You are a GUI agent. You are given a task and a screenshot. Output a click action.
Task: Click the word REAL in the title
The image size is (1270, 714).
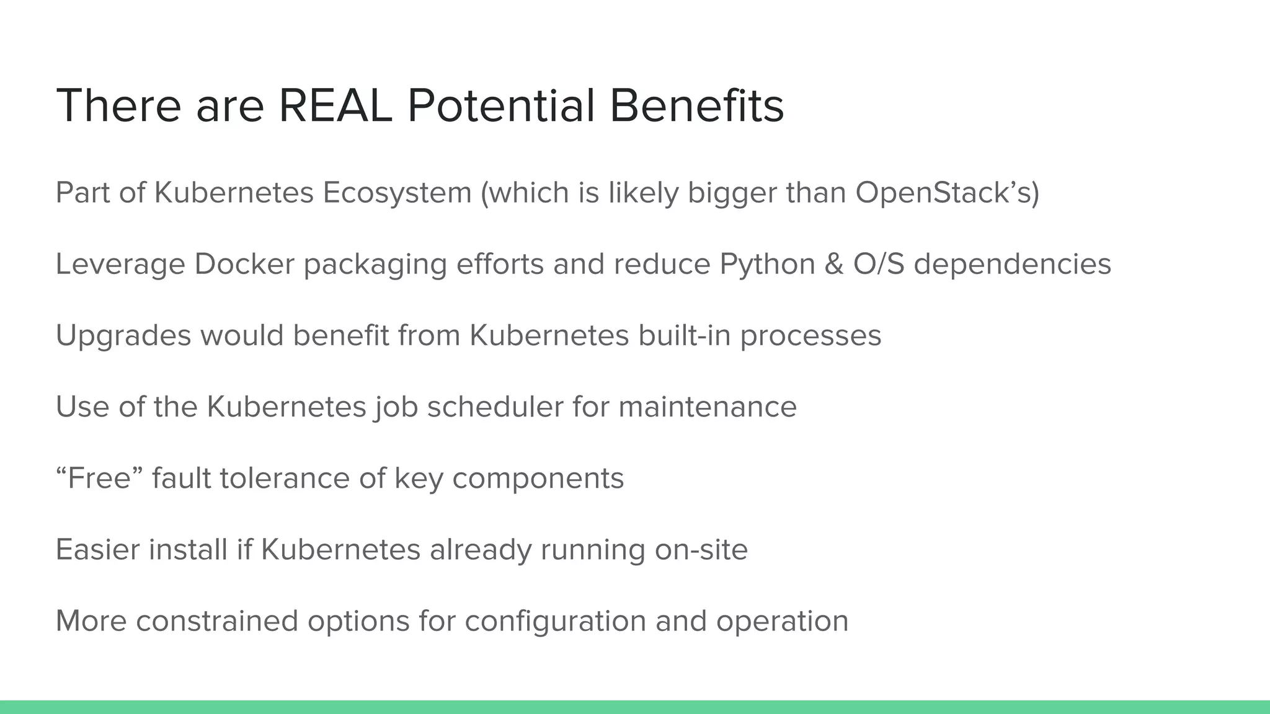click(335, 106)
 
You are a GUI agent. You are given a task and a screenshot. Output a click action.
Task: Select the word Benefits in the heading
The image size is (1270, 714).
click(696, 106)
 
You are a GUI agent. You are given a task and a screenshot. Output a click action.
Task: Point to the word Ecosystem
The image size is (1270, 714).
click(397, 193)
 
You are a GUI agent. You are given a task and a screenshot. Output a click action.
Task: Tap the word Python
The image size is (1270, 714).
click(767, 264)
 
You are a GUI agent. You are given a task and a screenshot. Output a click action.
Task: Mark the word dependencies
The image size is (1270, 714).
click(1012, 264)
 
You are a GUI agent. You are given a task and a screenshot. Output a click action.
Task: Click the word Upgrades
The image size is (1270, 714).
click(123, 335)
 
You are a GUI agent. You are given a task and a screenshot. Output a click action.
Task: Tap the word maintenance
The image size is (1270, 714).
click(707, 407)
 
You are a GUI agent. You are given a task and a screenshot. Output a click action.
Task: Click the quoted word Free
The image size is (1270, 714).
click(99, 478)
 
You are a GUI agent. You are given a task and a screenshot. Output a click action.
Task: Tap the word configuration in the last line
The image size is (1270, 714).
click(555, 620)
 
